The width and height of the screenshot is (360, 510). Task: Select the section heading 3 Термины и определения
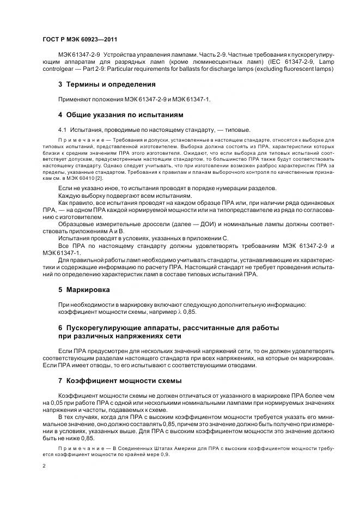point(107,84)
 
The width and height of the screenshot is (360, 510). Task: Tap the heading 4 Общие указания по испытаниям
point(120,115)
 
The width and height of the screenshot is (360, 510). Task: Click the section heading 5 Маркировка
point(84,290)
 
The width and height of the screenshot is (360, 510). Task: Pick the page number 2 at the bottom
point(44,466)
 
